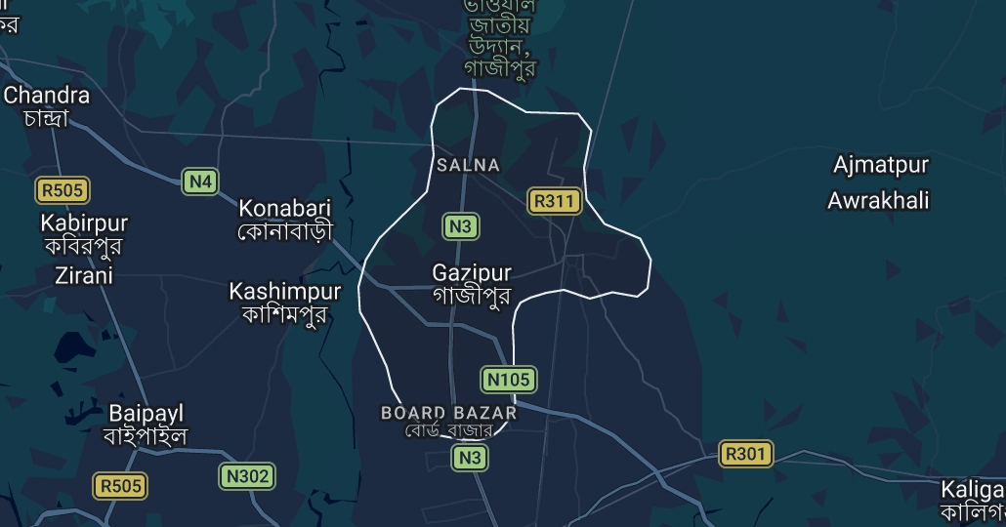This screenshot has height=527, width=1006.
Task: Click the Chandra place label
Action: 47,96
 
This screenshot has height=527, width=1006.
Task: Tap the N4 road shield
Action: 200,182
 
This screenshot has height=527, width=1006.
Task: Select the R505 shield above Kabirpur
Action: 62,189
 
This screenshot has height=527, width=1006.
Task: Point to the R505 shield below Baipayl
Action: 120,485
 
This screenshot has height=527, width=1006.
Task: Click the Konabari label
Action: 285,208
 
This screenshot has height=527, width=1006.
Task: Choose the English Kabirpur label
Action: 84,223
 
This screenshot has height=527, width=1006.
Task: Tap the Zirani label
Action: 84,275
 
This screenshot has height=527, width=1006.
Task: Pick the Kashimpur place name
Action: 285,291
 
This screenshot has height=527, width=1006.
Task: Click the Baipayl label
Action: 147,413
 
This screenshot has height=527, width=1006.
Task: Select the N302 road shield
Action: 247,476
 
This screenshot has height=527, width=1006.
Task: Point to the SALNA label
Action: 468,166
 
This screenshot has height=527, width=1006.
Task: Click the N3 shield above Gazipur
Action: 460,227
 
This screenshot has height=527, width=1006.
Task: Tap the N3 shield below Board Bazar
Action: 470,457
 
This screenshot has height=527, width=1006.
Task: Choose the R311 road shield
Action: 555,202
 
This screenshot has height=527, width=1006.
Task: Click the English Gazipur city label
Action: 472,273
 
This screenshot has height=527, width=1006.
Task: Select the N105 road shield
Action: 509,379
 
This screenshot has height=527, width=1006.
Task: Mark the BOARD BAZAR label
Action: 448,413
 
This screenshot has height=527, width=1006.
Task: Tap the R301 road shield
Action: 746,454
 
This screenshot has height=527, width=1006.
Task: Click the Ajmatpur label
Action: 880,165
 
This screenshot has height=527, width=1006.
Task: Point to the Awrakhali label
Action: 878,201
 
